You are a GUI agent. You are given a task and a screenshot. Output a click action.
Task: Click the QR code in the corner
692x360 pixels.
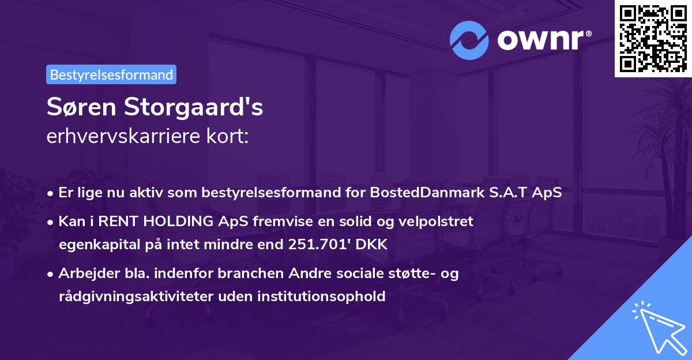click(652, 38)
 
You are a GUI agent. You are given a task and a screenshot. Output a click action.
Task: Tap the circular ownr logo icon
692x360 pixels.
click(470, 40)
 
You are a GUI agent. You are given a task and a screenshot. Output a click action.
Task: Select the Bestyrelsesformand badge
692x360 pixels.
click(111, 74)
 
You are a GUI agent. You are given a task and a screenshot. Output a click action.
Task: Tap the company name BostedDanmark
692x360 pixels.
click(441, 192)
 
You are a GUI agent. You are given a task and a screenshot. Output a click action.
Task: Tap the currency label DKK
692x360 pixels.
click(372, 245)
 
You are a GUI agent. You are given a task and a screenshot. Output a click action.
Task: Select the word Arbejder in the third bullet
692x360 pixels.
click(85, 273)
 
